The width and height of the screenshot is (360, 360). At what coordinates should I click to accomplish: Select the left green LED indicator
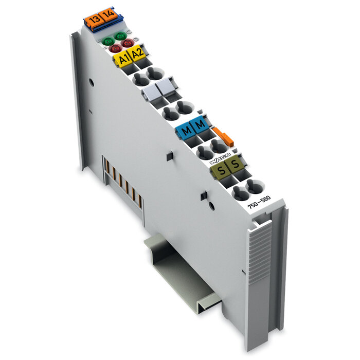click(109, 40)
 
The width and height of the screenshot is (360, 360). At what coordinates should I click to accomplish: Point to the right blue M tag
click(200, 124)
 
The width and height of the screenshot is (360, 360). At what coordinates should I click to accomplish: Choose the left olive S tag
click(221, 170)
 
